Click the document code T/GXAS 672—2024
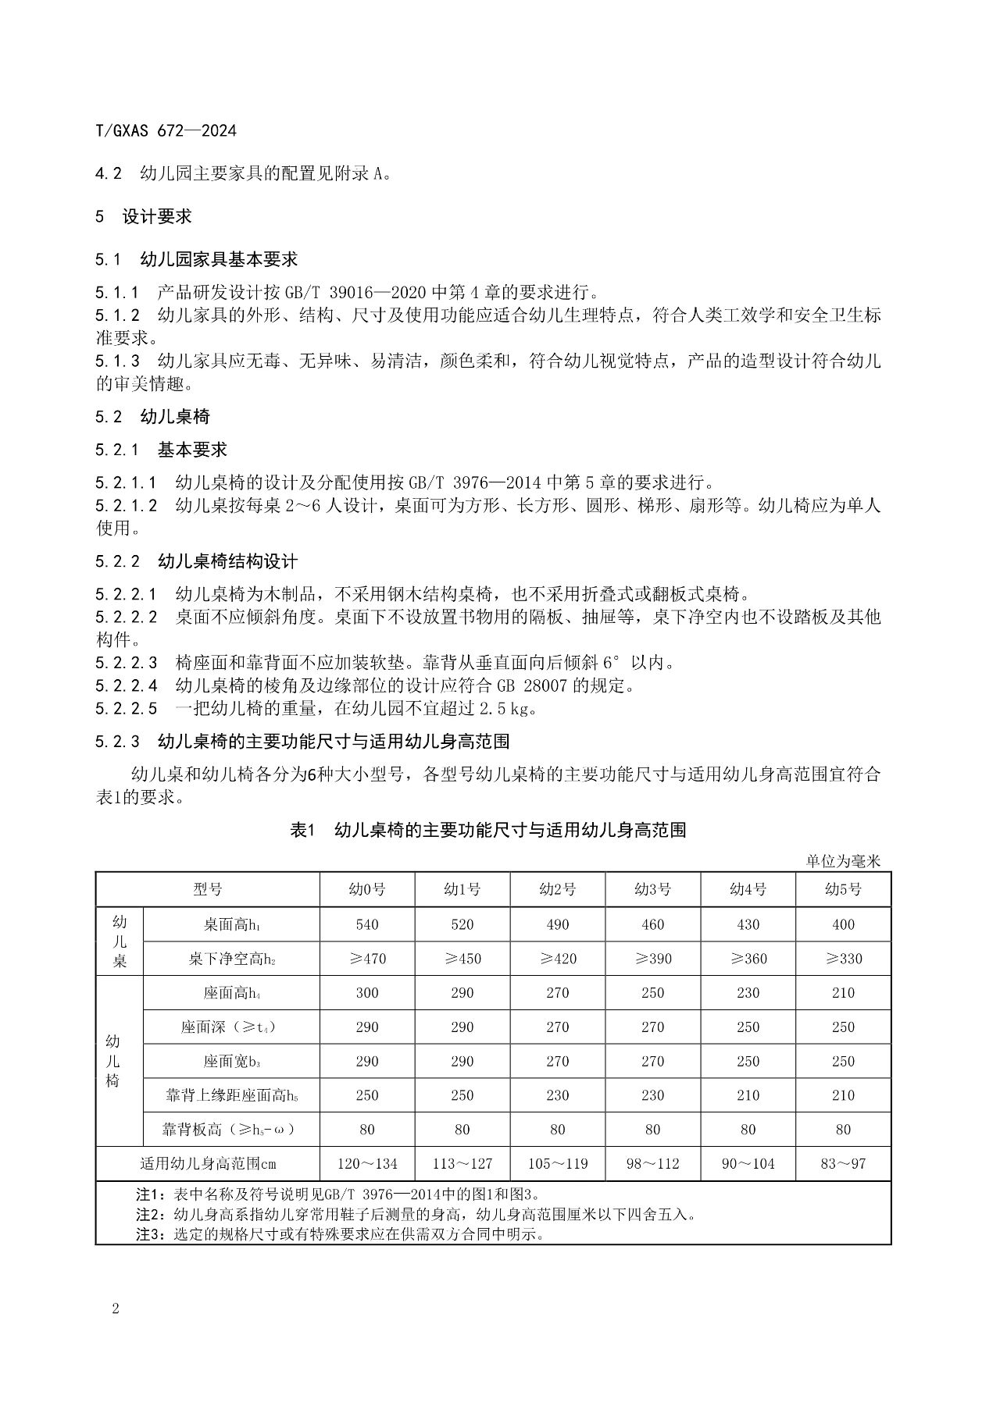(166, 130)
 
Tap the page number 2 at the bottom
(116, 1309)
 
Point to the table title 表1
(302, 830)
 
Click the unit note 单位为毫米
(843, 860)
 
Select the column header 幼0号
(367, 889)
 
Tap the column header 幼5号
(843, 889)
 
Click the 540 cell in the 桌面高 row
(367, 924)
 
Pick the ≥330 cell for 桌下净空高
(843, 959)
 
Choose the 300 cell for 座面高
(367, 993)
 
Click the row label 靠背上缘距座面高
(231, 1096)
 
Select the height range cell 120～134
(367, 1164)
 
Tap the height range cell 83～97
(843, 1164)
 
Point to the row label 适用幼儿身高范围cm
(208, 1164)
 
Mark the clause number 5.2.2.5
(126, 709)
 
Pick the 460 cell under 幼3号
(652, 924)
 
